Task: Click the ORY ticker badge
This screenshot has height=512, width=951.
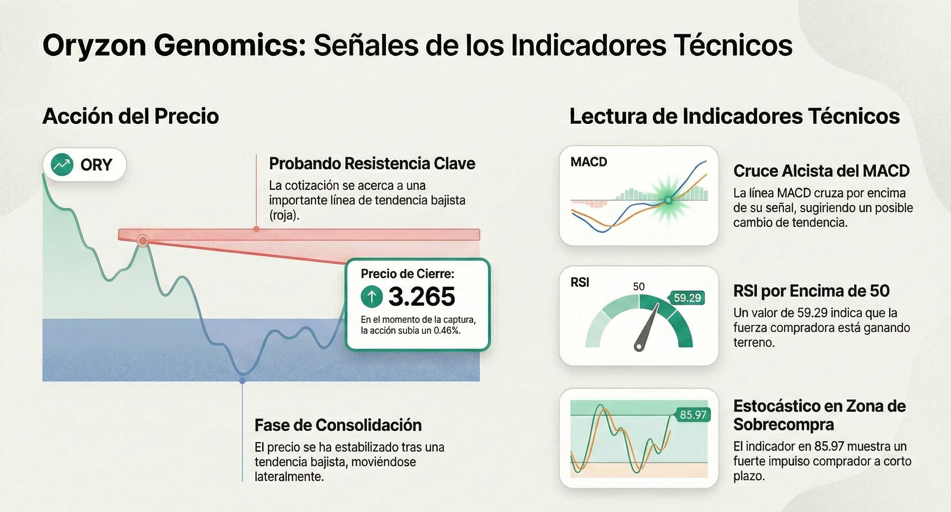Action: pyautogui.click(x=85, y=165)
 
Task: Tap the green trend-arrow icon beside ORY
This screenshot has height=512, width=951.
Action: pyautogui.click(x=62, y=165)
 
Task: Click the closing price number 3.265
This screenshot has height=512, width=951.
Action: pyautogui.click(x=422, y=296)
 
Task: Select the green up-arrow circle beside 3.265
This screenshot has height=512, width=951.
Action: pyautogui.click(x=371, y=296)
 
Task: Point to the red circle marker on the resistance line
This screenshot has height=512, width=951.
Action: pyautogui.click(x=143, y=241)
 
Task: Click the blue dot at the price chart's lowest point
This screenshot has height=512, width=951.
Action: pyautogui.click(x=242, y=380)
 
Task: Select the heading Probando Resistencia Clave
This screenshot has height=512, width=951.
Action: pyautogui.click(x=372, y=163)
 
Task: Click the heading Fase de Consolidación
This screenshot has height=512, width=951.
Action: pyautogui.click(x=338, y=425)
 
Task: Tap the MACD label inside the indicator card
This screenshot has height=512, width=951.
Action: pyautogui.click(x=589, y=162)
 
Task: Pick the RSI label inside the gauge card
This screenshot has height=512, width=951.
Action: pyautogui.click(x=580, y=282)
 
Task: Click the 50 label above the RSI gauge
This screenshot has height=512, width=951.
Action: pyautogui.click(x=639, y=287)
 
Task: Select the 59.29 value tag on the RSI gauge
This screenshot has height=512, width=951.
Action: pyautogui.click(x=687, y=298)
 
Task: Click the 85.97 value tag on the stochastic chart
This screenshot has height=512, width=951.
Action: pyautogui.click(x=692, y=415)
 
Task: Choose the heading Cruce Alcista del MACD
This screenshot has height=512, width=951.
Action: pyautogui.click(x=821, y=171)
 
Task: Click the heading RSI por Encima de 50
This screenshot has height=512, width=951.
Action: pyautogui.click(x=812, y=291)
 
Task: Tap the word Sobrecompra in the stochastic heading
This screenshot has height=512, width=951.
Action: pyautogui.click(x=784, y=424)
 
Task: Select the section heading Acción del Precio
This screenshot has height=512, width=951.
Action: pyautogui.click(x=131, y=116)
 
